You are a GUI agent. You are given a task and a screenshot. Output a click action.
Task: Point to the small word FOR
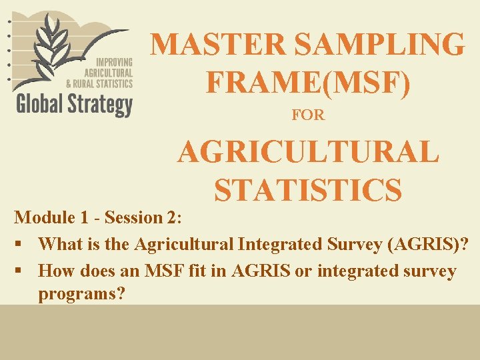coord(308,115)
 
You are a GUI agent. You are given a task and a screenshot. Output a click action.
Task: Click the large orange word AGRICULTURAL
coord(308,152)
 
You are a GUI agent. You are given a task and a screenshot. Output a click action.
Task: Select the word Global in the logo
coord(41,105)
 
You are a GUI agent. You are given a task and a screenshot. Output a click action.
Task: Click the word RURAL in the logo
coord(100,83)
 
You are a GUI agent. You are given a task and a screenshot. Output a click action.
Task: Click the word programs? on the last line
coord(82,294)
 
